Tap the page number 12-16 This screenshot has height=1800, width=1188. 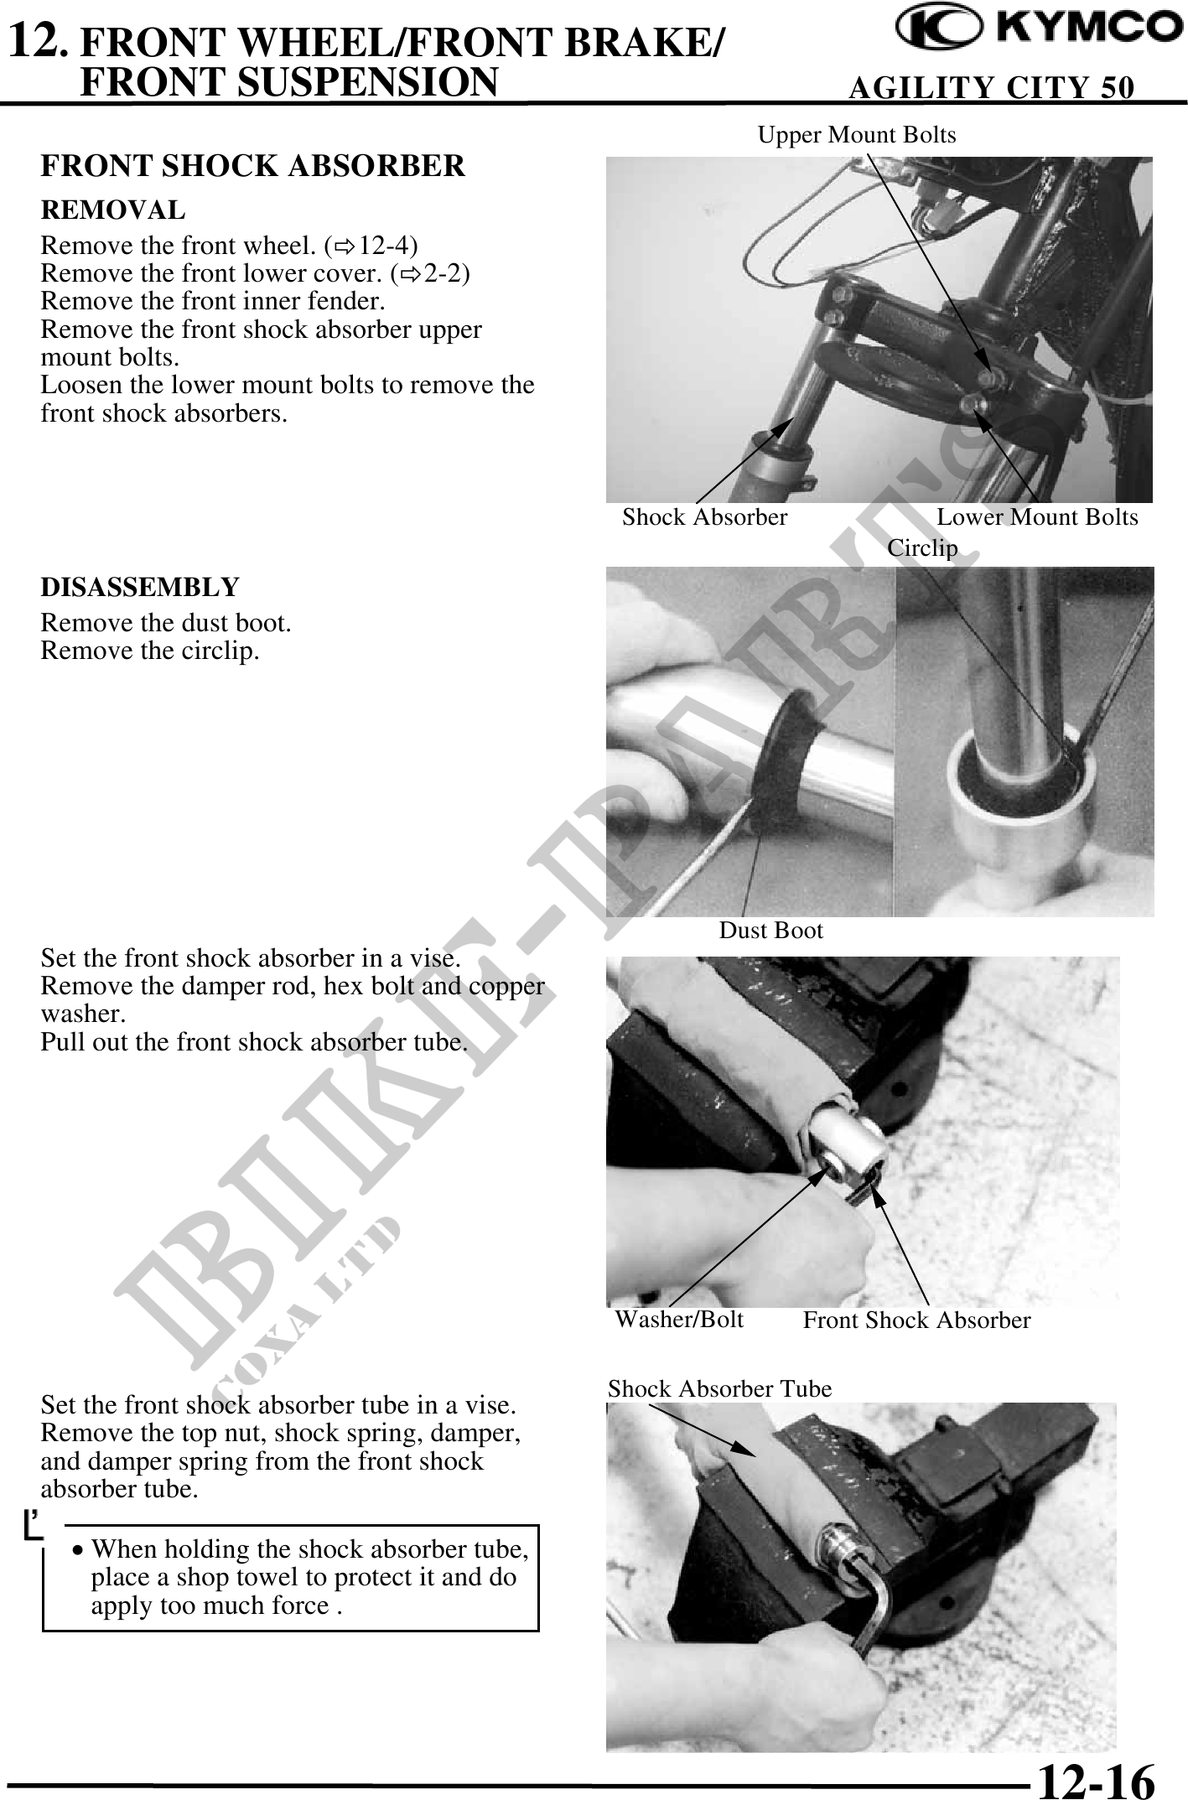[1096, 1776]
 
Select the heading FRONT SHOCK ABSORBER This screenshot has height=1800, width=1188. [252, 166]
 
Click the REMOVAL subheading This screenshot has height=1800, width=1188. [113, 210]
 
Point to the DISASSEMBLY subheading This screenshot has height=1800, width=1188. [140, 587]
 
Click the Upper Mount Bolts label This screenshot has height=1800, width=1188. [857, 135]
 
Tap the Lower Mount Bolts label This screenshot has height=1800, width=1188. [1037, 517]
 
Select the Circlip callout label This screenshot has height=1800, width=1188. [922, 548]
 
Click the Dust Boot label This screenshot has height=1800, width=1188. [771, 931]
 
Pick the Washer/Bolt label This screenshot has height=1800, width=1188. [679, 1320]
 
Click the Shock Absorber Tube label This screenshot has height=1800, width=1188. [719, 1389]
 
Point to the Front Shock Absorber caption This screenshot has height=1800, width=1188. [916, 1320]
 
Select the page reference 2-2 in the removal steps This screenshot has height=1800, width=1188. [447, 273]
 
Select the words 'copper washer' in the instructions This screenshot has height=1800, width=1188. [293, 1000]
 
